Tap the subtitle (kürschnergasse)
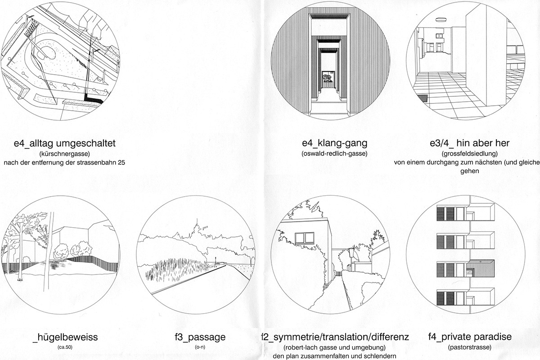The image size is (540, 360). (65, 154)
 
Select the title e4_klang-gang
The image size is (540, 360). (335, 144)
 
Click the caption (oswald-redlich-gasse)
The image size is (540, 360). (335, 154)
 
